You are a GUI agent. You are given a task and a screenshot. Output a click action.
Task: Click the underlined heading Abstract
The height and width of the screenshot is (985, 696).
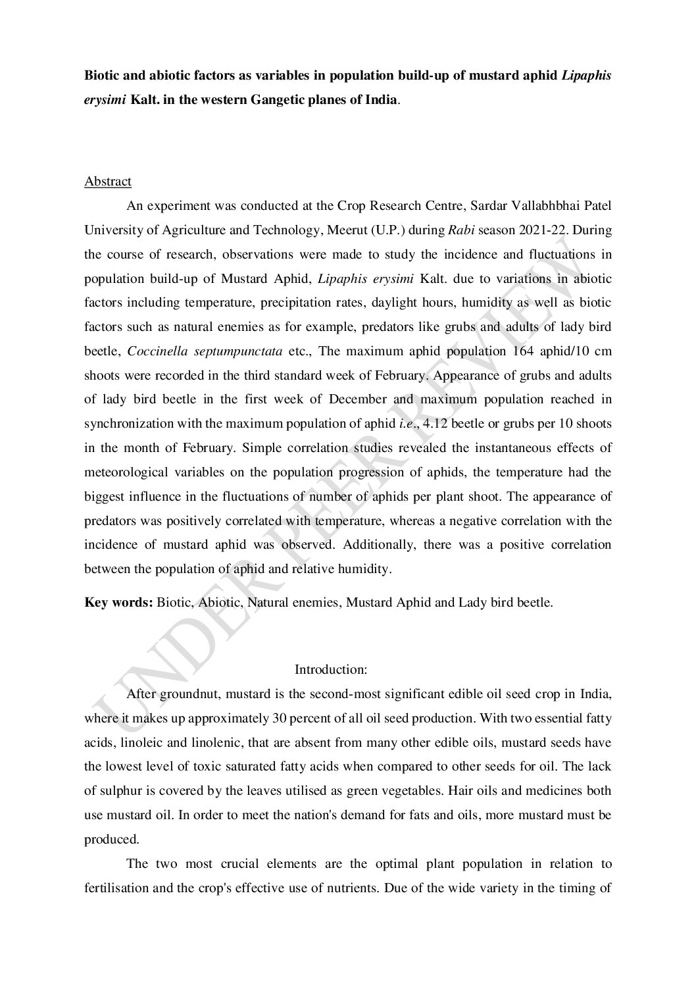(108, 182)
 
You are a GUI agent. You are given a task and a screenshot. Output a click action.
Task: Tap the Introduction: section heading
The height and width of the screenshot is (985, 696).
(330, 670)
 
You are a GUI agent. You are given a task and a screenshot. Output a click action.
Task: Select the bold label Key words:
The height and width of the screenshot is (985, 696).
(118, 602)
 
